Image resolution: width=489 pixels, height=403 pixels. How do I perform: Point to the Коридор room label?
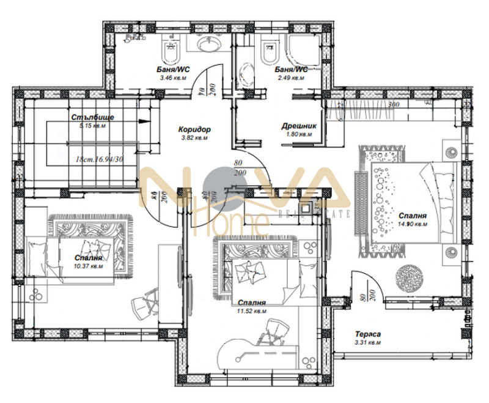tap(194, 130)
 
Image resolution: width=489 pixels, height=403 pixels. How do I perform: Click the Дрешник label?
tap(296, 125)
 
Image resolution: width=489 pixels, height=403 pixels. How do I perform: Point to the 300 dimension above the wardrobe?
tap(393, 105)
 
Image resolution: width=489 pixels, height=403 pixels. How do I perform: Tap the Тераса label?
tap(368, 334)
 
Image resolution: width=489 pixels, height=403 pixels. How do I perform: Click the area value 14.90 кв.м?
tap(411, 225)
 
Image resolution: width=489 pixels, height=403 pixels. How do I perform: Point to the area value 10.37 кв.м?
tap(89, 266)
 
